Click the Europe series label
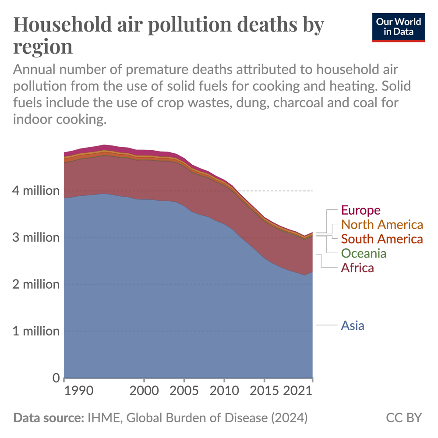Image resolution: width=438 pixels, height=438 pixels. click(x=361, y=210)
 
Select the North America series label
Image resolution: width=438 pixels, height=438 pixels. click(x=382, y=225)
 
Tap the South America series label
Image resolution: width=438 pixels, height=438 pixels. click(x=382, y=239)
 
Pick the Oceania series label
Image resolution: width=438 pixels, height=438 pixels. click(x=364, y=253)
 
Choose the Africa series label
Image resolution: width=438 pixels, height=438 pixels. click(x=357, y=268)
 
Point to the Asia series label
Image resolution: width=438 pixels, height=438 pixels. click(x=353, y=325)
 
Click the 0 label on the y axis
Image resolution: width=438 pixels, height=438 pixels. click(x=55, y=378)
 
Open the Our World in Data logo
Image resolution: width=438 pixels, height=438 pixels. click(x=399, y=27)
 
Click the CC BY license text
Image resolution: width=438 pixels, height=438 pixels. click(x=403, y=417)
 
